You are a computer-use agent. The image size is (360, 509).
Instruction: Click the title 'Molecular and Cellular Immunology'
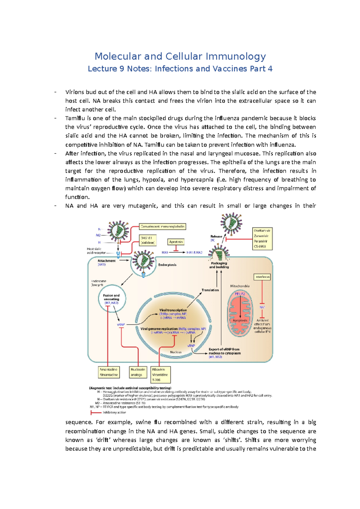tap(180, 56)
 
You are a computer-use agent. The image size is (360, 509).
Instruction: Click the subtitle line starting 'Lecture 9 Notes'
tap(180, 69)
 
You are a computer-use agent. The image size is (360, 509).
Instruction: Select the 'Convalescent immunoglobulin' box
tap(163, 227)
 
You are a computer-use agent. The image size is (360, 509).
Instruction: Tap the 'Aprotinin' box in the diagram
tap(176, 242)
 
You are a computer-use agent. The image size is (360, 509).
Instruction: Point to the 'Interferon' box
tap(262, 277)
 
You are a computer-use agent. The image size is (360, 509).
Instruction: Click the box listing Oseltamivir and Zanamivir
tap(262, 239)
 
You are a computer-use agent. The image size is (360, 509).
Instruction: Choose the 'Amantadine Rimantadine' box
tap(109, 372)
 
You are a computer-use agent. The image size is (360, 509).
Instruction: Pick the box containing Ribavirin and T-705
tap(161, 375)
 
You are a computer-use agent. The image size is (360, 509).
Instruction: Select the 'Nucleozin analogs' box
tap(138, 372)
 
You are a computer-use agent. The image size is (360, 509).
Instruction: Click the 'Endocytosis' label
tap(167, 265)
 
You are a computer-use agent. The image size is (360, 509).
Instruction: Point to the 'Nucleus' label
tap(175, 352)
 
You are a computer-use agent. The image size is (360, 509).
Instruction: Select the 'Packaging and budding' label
tap(219, 265)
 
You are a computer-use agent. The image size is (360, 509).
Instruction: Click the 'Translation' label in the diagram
tap(210, 290)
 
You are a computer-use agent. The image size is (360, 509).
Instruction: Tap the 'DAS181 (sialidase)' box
tap(148, 240)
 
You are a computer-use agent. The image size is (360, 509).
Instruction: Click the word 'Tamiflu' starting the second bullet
tap(74, 118)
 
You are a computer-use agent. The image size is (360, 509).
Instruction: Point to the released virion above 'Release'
tap(231, 223)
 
